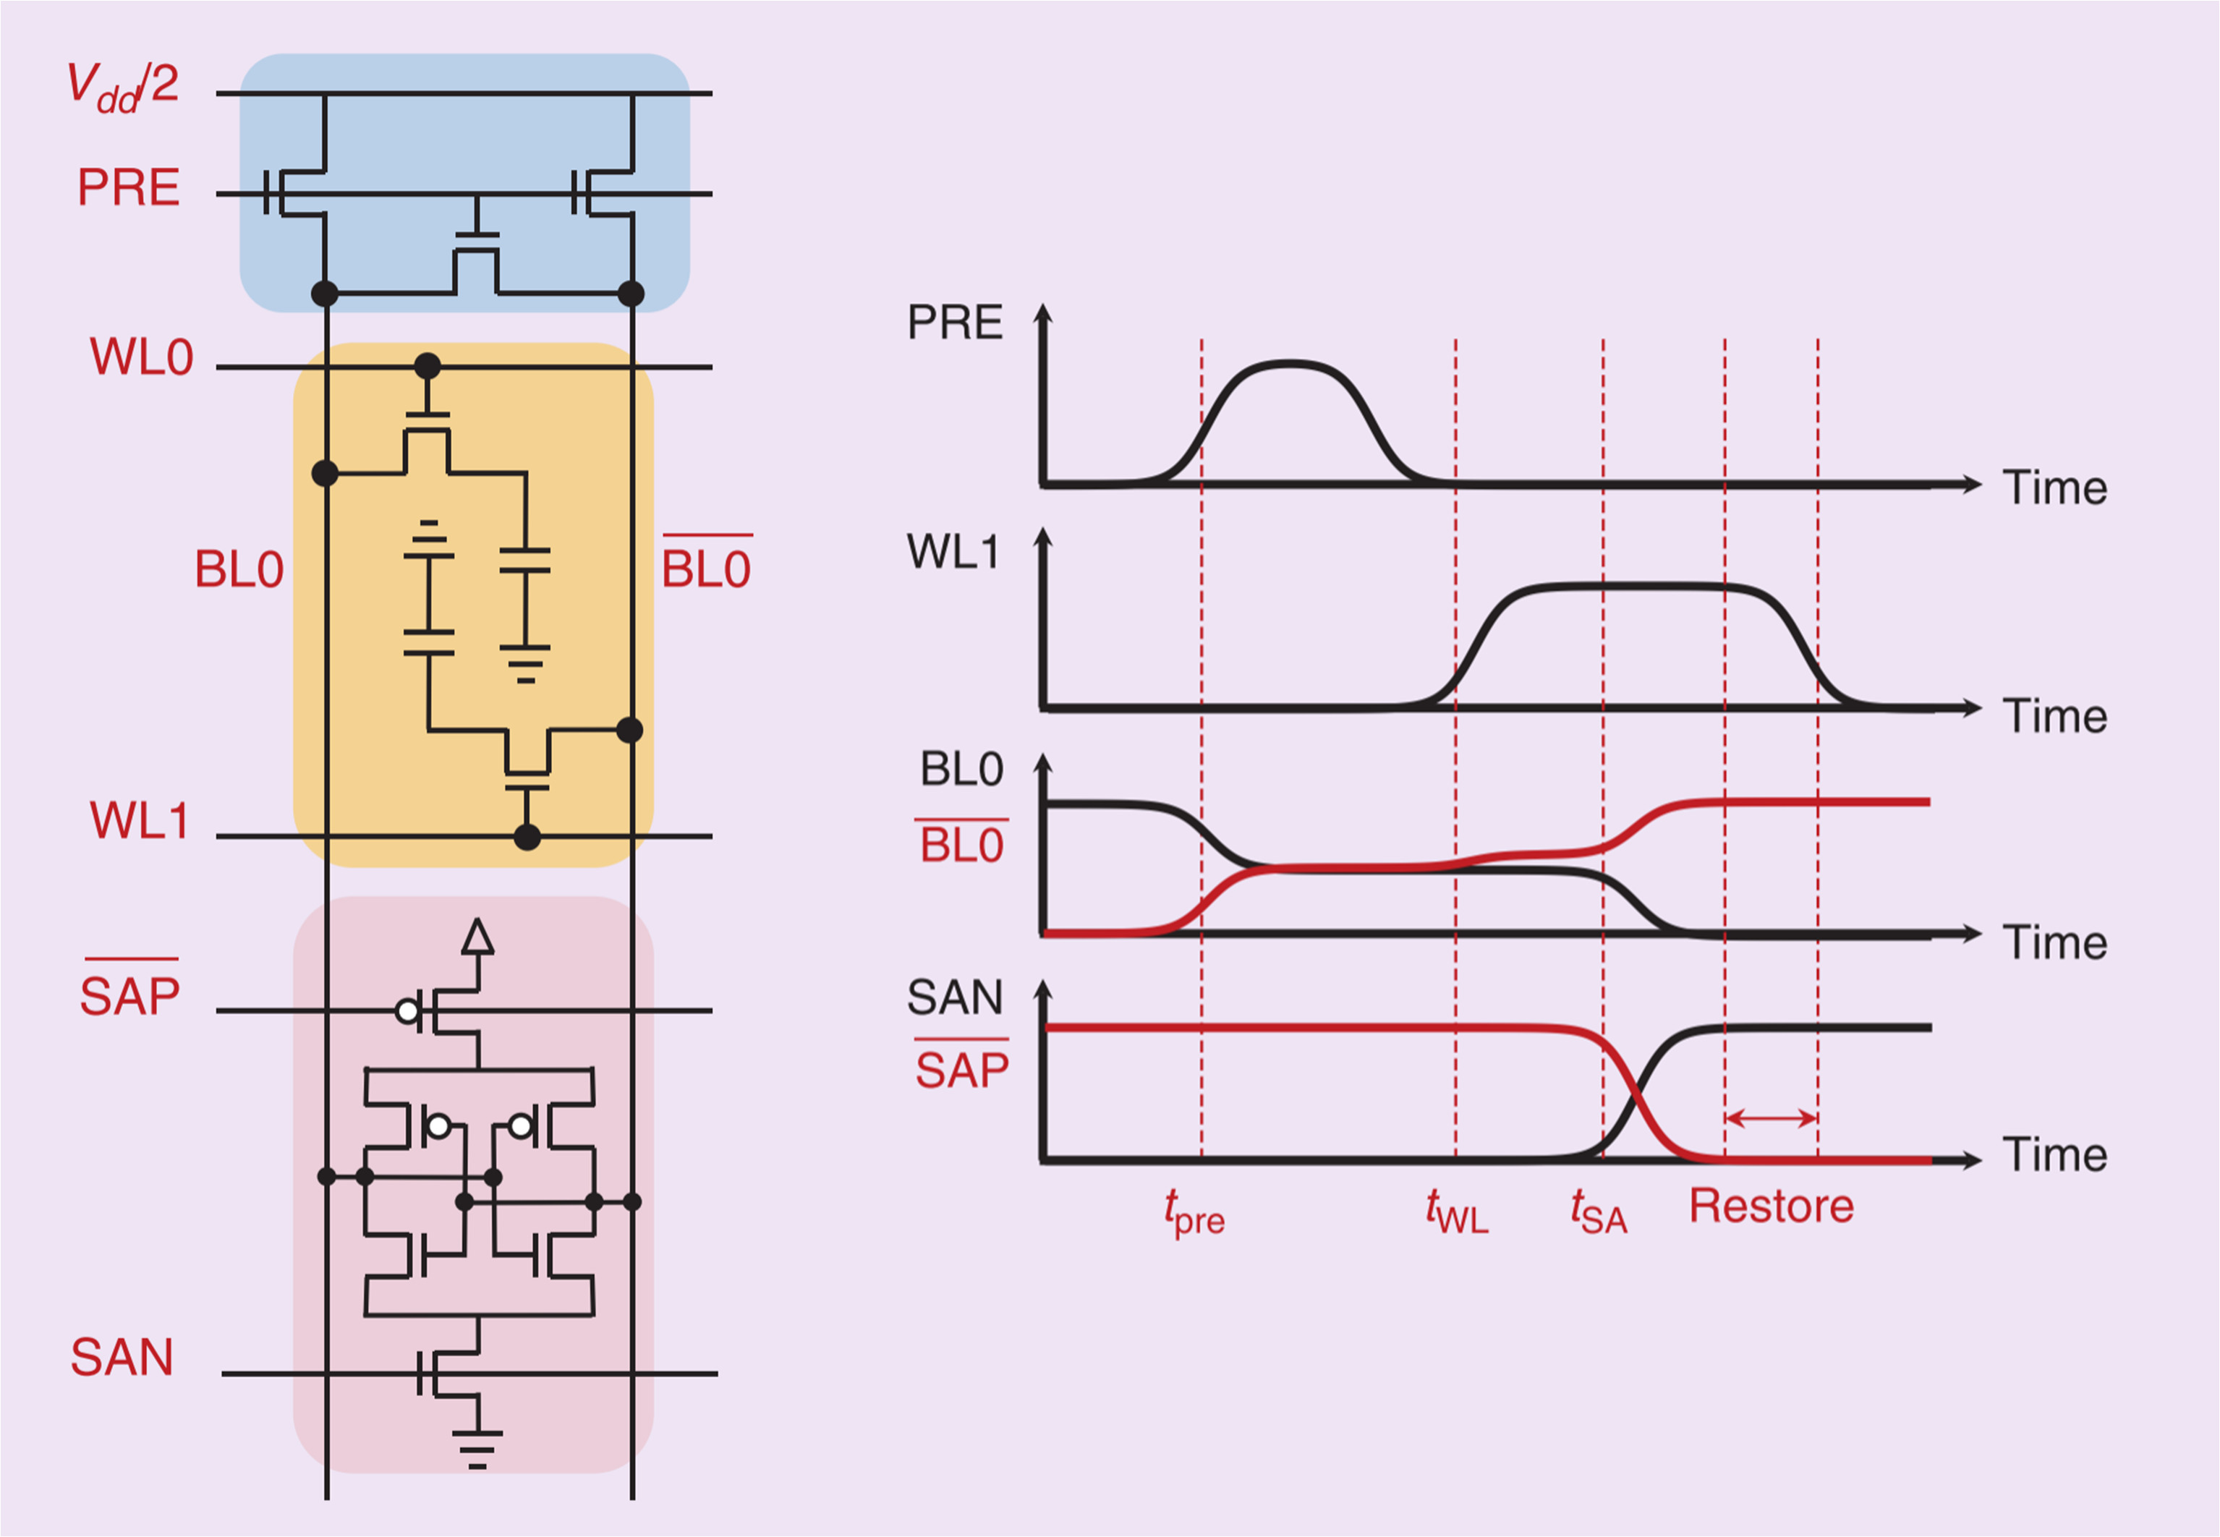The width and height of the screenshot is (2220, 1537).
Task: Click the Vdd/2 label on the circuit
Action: pyautogui.click(x=122, y=87)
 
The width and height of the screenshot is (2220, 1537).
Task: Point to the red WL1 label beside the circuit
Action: pyautogui.click(x=139, y=822)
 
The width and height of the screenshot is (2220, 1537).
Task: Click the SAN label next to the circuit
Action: pyautogui.click(x=122, y=1358)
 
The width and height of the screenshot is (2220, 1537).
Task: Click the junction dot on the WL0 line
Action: pyautogui.click(x=427, y=367)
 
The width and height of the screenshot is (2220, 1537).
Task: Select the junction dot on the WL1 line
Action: pyautogui.click(x=527, y=837)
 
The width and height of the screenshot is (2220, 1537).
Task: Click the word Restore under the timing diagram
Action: pyautogui.click(x=1772, y=1206)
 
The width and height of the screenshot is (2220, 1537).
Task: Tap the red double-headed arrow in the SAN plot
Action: pyautogui.click(x=1772, y=1118)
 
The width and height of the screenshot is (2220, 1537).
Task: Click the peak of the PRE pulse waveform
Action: pyautogui.click(x=1288, y=363)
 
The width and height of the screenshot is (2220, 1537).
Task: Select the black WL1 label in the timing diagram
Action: pyautogui.click(x=953, y=553)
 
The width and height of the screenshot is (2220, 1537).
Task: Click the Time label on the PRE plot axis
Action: pyautogui.click(x=2054, y=488)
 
